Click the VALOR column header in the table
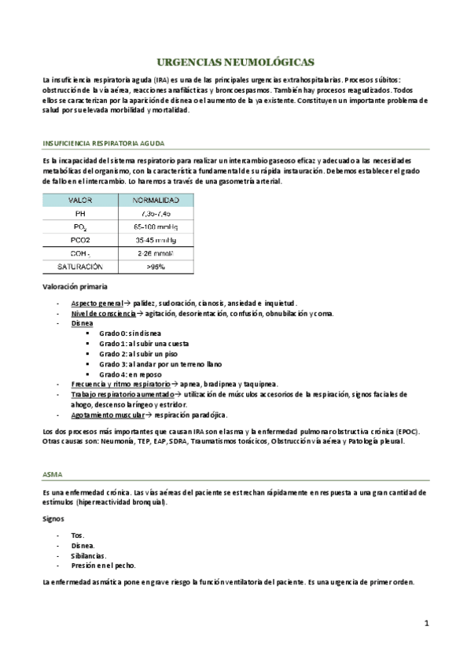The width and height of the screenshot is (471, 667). [80, 201]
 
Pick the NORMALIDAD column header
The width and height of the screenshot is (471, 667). [155, 201]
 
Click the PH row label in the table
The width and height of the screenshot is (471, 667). [80, 214]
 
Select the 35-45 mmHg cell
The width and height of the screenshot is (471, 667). [155, 240]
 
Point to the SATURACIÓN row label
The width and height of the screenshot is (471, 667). [80, 267]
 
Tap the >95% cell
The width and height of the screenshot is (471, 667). [155, 267]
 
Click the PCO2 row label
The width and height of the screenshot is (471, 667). [80, 240]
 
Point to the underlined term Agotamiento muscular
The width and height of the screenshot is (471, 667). [106, 415]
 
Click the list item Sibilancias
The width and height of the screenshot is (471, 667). [83, 555]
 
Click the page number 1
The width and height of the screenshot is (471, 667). [425, 625]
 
